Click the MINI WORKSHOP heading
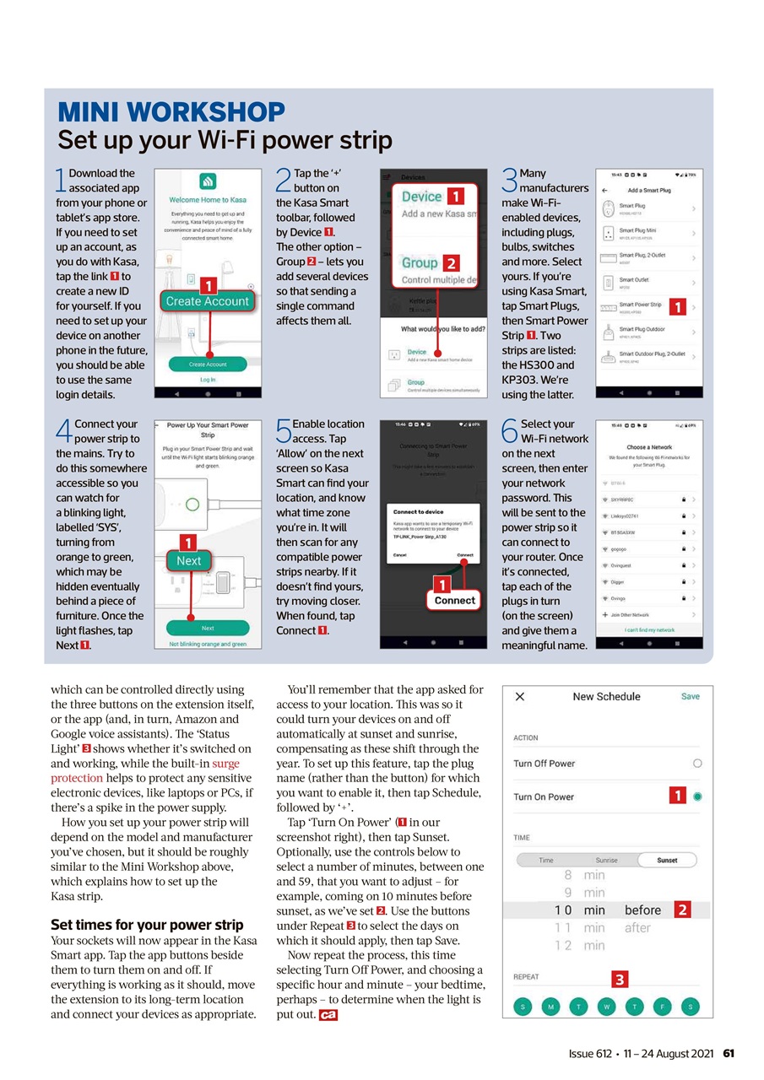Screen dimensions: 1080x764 [x=171, y=112]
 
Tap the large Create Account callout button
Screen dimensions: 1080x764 [x=207, y=301]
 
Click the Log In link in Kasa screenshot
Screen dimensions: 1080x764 [x=207, y=380]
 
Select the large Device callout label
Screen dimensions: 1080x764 [x=421, y=197]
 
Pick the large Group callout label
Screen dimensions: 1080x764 [x=420, y=262]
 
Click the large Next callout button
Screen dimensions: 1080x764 [x=189, y=561]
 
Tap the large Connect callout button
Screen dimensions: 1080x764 [x=454, y=600]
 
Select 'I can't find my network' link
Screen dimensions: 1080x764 [x=649, y=629]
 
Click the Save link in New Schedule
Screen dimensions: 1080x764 [x=690, y=696]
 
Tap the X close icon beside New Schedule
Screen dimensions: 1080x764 [x=520, y=696]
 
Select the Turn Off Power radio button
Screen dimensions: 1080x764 [x=696, y=763]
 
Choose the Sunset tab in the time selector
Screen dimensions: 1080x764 [x=667, y=860]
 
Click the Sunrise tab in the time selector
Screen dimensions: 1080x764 [x=606, y=860]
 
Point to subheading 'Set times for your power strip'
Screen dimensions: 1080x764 [x=147, y=925]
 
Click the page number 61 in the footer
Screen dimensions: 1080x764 [x=729, y=1054]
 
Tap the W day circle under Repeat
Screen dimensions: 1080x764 [x=606, y=1007]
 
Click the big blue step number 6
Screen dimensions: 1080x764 [x=509, y=432]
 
